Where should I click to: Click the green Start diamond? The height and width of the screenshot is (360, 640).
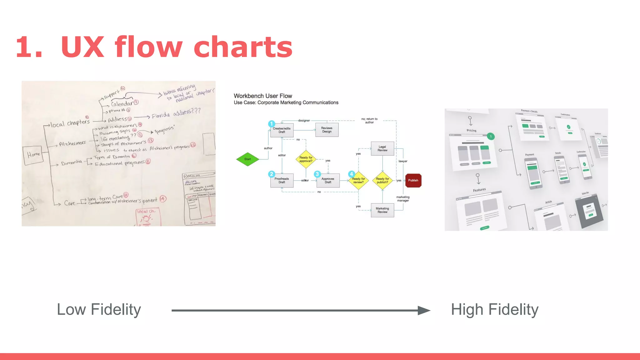[247, 159]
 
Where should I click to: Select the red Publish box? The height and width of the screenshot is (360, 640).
[413, 181]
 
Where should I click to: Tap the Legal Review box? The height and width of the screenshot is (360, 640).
[382, 149]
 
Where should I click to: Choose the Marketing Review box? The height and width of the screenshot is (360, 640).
[382, 210]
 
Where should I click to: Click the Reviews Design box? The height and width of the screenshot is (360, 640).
[327, 130]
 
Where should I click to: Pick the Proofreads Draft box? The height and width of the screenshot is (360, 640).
[282, 181]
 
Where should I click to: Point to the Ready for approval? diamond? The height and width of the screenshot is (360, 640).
[306, 159]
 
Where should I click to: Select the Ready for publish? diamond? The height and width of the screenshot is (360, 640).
[382, 181]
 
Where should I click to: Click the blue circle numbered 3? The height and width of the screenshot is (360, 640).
[317, 174]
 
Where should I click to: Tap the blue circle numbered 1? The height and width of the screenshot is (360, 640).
[272, 124]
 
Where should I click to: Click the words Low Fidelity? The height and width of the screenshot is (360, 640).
[99, 310]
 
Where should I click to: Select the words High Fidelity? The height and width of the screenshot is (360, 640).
[495, 310]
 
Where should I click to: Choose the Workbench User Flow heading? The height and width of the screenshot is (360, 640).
[263, 96]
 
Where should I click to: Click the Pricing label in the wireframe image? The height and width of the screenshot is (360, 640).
[472, 131]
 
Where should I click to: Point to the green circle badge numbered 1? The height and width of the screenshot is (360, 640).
[491, 137]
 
